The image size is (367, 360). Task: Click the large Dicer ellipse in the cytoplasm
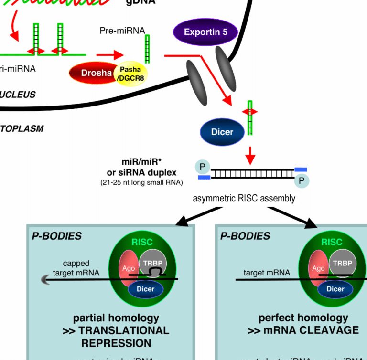[222, 131]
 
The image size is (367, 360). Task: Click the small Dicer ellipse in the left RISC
[146, 289]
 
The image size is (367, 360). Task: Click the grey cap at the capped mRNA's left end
[47, 281]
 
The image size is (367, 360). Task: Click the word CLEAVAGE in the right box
[331, 330]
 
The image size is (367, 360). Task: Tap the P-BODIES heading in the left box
[56, 236]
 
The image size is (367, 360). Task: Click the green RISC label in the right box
[332, 242]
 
